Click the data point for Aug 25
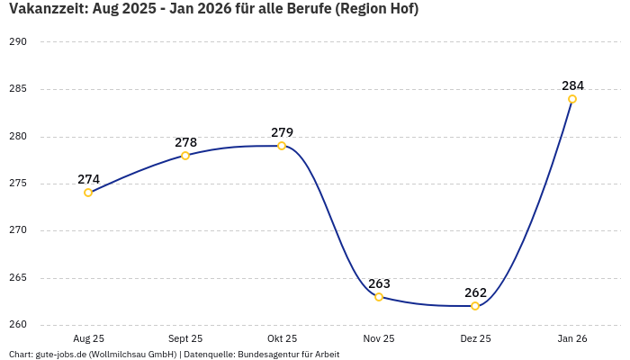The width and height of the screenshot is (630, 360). click(x=88, y=193)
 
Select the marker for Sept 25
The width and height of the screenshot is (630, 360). click(x=185, y=156)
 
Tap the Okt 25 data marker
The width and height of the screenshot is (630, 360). click(x=282, y=146)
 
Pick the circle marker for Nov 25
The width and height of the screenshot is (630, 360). click(x=379, y=297)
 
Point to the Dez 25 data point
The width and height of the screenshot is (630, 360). click(x=475, y=306)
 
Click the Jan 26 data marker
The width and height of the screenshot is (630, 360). click(x=572, y=99)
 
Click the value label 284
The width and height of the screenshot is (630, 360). click(x=572, y=86)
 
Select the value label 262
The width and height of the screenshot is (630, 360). click(x=475, y=293)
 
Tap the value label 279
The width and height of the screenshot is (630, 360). click(x=282, y=133)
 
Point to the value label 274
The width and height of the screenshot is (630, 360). click(x=88, y=180)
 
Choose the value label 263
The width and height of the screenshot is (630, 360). click(x=379, y=284)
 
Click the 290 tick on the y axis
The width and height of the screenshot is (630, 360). click(x=18, y=42)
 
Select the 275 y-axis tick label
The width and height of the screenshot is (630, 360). click(x=18, y=184)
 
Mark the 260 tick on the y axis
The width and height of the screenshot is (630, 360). click(x=18, y=325)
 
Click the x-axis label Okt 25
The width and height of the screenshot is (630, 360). click(x=282, y=339)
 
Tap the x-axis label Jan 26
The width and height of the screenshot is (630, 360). click(x=572, y=339)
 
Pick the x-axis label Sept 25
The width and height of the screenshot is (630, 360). click(x=185, y=339)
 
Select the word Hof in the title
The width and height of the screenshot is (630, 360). click(x=400, y=9)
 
